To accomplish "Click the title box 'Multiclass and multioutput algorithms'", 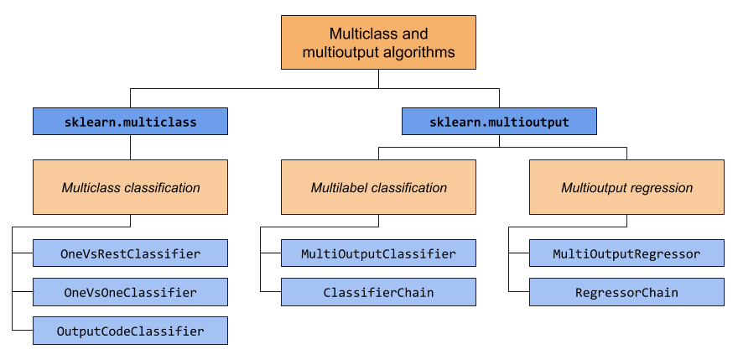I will [x=378, y=43].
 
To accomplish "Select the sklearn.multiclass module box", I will [x=130, y=122].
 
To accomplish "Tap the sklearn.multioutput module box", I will [x=499, y=122].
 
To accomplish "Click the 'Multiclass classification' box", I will [x=130, y=187].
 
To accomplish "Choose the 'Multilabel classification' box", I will [x=378, y=187].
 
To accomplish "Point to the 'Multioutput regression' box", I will [x=626, y=187].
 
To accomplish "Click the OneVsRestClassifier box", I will [x=130, y=253].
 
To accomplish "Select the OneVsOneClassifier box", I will [x=130, y=292].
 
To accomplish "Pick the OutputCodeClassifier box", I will [x=130, y=331].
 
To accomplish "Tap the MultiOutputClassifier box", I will [x=378, y=253].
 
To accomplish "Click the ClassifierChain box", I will [x=378, y=292].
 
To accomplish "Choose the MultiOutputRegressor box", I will [x=626, y=253].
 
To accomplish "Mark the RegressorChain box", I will [x=626, y=292].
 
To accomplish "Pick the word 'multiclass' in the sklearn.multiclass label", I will [x=162, y=123].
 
